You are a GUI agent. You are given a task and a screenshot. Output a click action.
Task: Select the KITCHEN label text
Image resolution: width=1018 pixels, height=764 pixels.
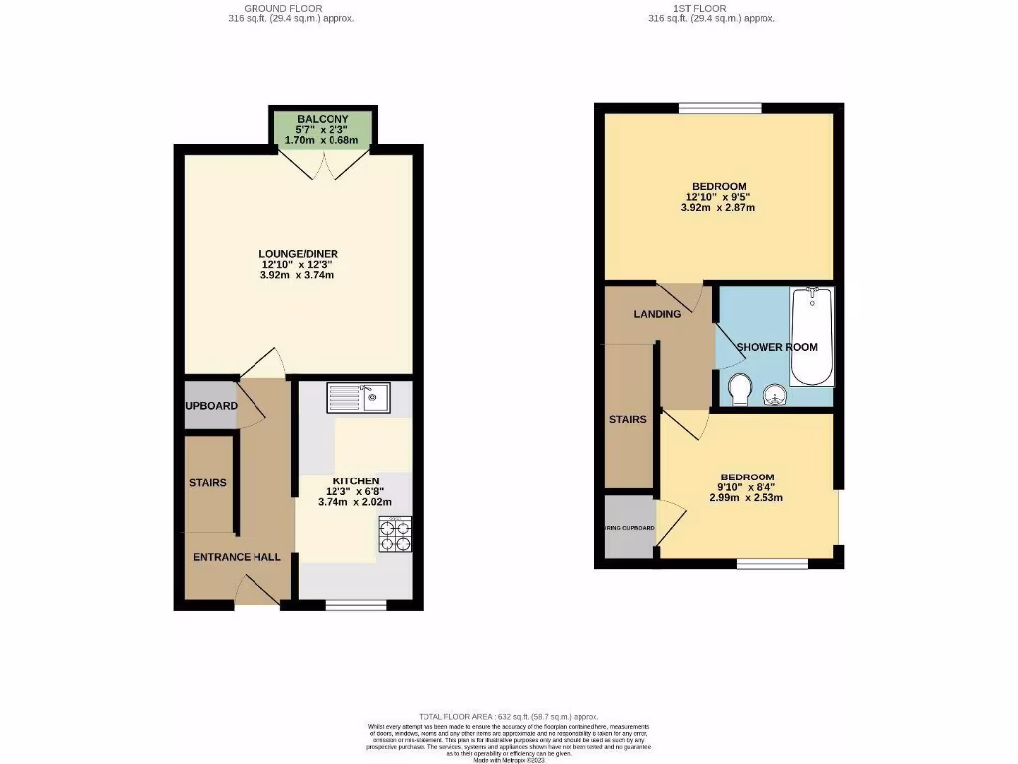[355, 480]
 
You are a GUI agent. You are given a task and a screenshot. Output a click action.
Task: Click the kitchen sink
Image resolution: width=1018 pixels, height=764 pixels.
[362, 398]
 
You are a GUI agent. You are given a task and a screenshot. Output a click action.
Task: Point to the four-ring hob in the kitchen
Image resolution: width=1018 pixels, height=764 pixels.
[395, 536]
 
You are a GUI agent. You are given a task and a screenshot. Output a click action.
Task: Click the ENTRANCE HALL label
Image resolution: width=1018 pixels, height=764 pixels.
[237, 557]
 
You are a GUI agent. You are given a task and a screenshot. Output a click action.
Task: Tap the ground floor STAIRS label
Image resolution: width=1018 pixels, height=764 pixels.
[208, 483]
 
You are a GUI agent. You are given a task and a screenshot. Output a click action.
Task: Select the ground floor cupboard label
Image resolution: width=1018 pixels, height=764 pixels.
[210, 406]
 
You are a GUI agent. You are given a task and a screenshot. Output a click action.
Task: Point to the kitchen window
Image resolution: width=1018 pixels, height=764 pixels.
[356, 604]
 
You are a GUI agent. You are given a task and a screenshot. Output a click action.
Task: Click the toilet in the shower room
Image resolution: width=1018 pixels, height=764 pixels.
[738, 390]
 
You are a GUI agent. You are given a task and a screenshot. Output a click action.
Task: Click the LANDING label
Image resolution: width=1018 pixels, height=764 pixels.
[657, 314]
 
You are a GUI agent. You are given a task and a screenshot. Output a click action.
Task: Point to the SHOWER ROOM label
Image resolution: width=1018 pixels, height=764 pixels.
[777, 347]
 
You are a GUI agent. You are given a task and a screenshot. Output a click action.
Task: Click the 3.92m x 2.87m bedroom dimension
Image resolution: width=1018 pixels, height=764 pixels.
[718, 208]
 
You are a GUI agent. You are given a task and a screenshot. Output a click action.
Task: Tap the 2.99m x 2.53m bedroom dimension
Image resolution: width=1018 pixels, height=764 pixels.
[747, 498]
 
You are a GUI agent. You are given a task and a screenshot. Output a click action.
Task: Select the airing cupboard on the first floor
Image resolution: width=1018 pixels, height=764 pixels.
[629, 527]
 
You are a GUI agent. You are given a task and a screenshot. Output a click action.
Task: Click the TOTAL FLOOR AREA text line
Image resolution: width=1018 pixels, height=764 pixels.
[508, 717]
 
